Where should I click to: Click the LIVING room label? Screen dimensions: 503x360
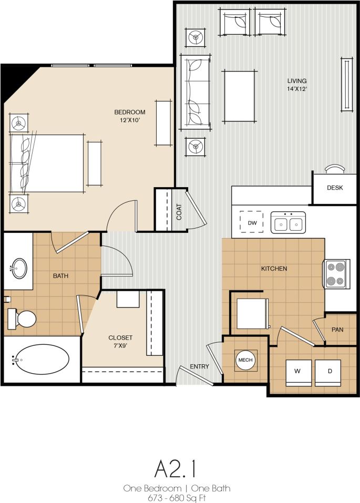pyautogui.click(x=296, y=81)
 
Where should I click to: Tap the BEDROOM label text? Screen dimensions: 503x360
pyautogui.click(x=130, y=112)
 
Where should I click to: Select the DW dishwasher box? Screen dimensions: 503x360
pyautogui.click(x=252, y=223)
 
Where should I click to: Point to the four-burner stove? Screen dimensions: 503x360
pyautogui.click(x=336, y=274)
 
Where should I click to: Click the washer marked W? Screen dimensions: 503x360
pyautogui.click(x=297, y=372)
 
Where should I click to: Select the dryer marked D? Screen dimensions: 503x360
pyautogui.click(x=330, y=372)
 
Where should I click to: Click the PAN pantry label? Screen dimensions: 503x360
pyautogui.click(x=337, y=330)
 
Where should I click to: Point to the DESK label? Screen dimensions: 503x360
pyautogui.click(x=335, y=188)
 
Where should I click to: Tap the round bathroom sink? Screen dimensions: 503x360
pyautogui.click(x=20, y=269)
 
